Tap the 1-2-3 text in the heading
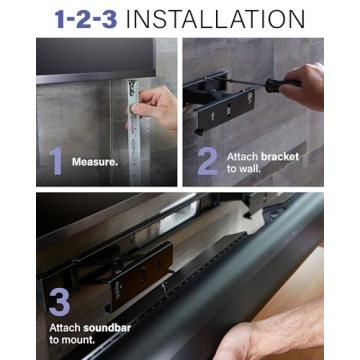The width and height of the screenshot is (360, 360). (x=92, y=19)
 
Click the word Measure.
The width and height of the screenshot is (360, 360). (x=95, y=161)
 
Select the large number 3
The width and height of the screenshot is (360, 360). (x=59, y=300)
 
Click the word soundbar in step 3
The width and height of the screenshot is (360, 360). (x=101, y=328)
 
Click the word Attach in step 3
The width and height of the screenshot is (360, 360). (x=64, y=328)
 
